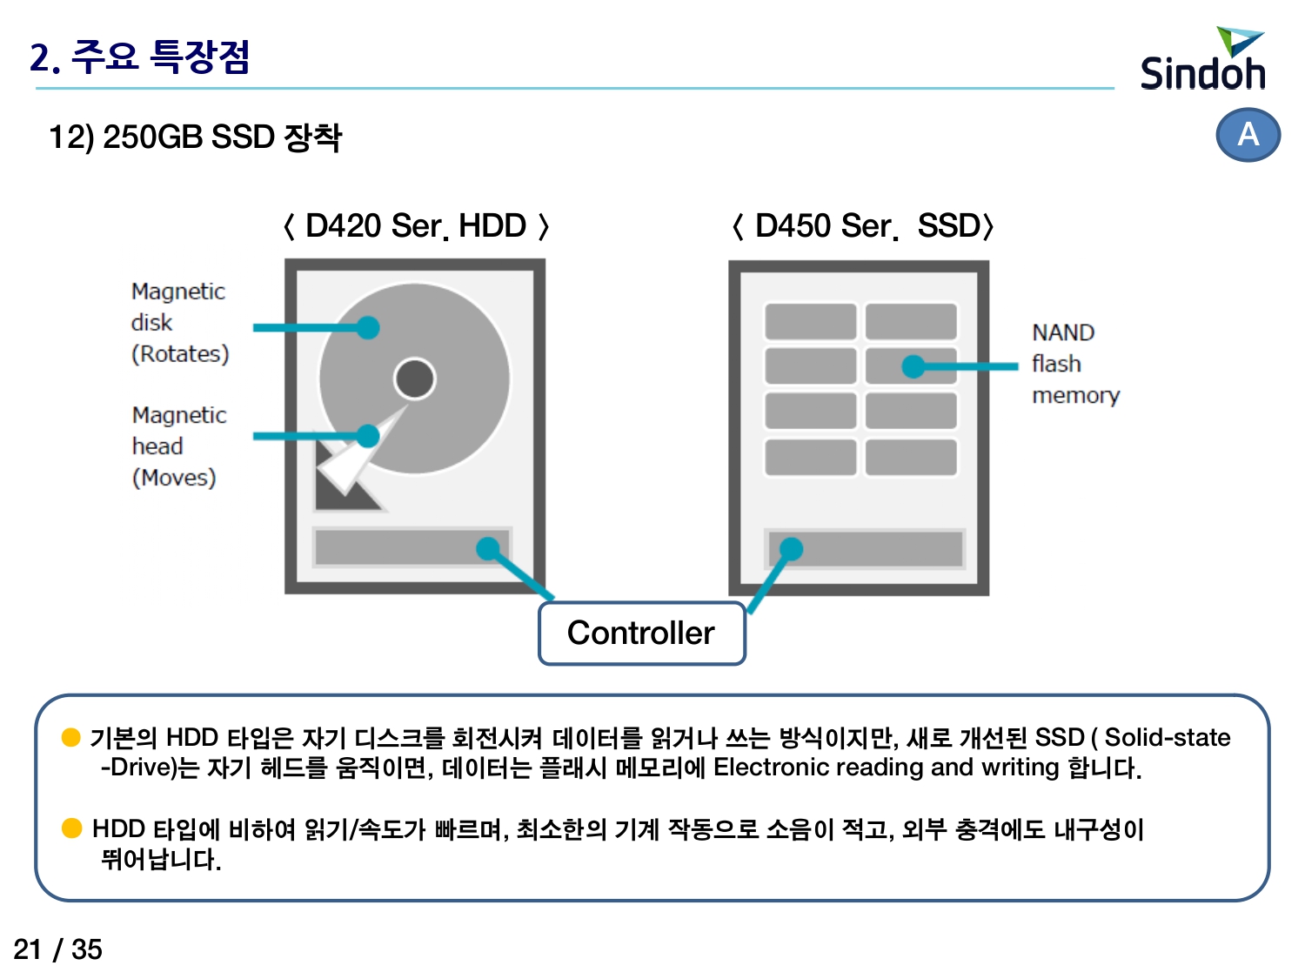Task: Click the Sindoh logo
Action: [x=1202, y=58]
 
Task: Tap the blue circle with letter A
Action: [x=1248, y=134]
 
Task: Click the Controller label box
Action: [x=641, y=633]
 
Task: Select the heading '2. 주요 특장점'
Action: [x=139, y=57]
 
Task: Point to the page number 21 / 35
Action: [x=57, y=949]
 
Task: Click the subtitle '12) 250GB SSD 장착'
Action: [x=195, y=137]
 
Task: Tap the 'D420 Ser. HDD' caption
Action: [x=416, y=226]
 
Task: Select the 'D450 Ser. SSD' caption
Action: [x=863, y=226]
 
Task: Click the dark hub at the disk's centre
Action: [x=415, y=379]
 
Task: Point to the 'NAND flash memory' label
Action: [x=1075, y=364]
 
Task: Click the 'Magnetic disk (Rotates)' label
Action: [x=179, y=323]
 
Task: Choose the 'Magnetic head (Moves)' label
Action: [x=179, y=446]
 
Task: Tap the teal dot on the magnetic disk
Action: [x=368, y=327]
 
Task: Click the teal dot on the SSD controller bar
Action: [x=791, y=549]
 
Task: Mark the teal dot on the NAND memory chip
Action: [x=913, y=366]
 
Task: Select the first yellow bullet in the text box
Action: [x=70, y=738]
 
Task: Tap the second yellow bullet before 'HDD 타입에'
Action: [x=71, y=828]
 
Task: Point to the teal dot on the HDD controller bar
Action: [x=488, y=549]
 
